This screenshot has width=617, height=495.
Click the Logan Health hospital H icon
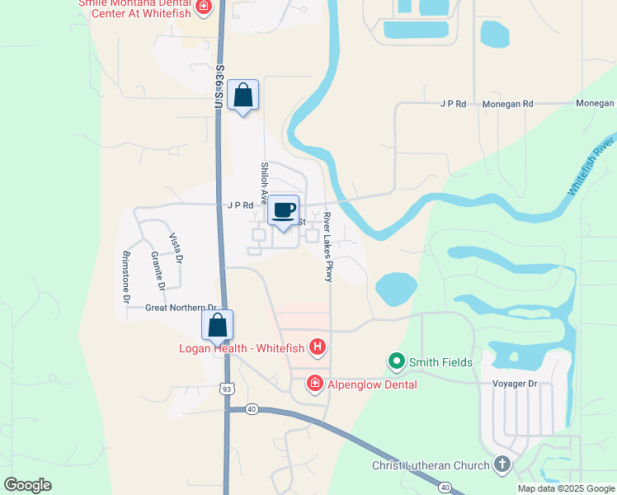click(317, 346)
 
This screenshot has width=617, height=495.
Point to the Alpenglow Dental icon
click(313, 384)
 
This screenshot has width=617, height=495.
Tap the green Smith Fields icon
click(396, 361)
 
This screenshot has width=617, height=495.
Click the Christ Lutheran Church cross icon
click(501, 465)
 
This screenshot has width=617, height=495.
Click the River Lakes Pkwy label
click(327, 247)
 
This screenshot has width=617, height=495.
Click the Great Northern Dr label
click(180, 308)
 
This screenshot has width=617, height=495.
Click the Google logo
click(27, 485)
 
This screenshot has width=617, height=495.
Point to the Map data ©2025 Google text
click(566, 488)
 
